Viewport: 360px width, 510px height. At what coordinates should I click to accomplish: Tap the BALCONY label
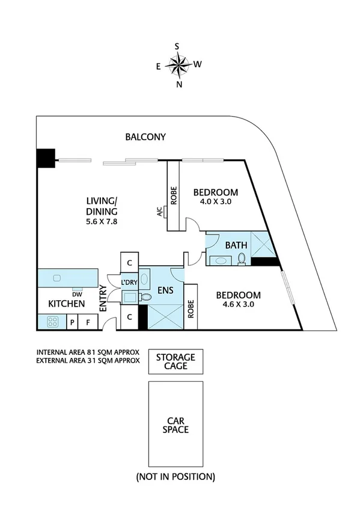point(145,137)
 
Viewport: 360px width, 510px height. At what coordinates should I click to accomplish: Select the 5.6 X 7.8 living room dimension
point(102,221)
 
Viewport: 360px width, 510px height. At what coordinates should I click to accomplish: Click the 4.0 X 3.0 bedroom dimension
point(215,202)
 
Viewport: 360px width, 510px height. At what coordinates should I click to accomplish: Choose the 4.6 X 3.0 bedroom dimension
point(238,305)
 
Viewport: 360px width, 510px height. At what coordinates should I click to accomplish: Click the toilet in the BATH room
point(242,258)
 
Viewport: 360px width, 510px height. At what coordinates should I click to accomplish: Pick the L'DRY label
point(129,283)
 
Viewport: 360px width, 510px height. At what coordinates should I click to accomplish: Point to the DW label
point(76,293)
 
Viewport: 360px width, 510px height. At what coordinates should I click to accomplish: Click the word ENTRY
point(103,297)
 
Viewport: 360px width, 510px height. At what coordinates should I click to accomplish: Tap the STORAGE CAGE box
point(175,361)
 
